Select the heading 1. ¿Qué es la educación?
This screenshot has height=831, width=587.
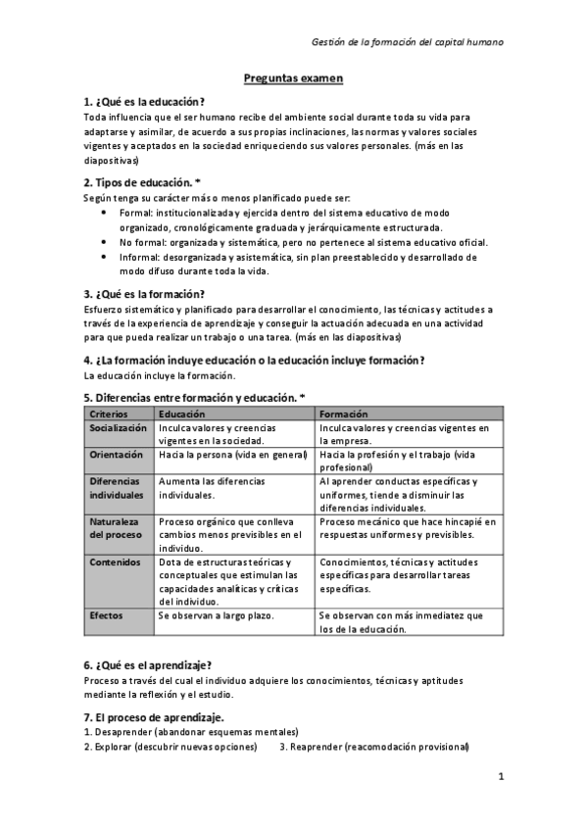click(x=145, y=101)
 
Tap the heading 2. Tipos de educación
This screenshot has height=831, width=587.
click(x=143, y=182)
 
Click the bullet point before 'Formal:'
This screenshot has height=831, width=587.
click(x=106, y=211)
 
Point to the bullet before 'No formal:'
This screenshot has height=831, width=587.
click(x=106, y=242)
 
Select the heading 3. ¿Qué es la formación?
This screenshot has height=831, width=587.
click(x=144, y=293)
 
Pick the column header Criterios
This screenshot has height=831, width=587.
click(x=109, y=414)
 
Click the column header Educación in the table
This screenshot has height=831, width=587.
click(x=182, y=414)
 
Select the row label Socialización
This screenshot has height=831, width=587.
click(x=118, y=428)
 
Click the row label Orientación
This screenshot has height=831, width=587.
click(x=116, y=455)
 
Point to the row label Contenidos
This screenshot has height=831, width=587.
click(x=115, y=562)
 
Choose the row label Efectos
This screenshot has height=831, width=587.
click(x=106, y=615)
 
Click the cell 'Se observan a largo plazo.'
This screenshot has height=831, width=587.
click(x=216, y=615)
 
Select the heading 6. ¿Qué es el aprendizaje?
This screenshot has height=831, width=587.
click(x=148, y=664)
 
